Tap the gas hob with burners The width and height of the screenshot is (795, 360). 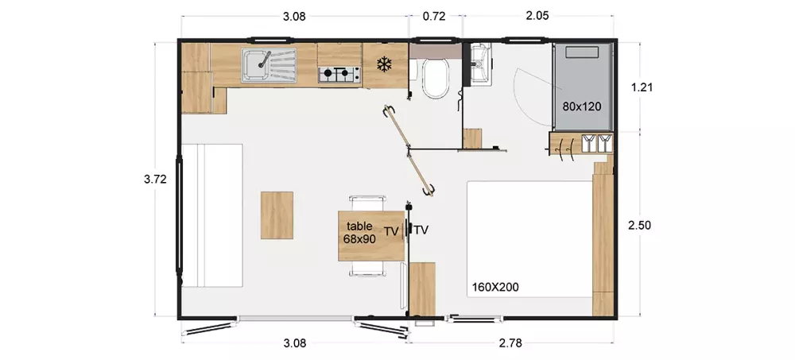(x=339, y=75)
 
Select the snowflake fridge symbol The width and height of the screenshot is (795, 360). (x=385, y=64)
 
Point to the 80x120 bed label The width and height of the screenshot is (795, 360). (x=582, y=106)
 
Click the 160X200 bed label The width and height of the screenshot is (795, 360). (x=495, y=288)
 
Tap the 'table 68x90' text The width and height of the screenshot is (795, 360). (x=360, y=232)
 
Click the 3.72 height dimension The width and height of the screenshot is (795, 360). (x=155, y=179)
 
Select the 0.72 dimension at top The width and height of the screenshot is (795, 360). (x=434, y=16)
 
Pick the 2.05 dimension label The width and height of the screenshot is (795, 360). (x=537, y=16)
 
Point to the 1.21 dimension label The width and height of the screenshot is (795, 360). (x=642, y=87)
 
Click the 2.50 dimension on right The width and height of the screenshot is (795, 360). (x=639, y=226)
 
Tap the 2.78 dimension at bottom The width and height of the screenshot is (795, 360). (x=510, y=343)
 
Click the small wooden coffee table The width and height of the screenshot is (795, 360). (x=277, y=215)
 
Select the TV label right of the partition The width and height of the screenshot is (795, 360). (x=421, y=230)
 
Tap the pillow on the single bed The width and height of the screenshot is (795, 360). (x=582, y=52)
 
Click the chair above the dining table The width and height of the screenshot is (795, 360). (x=367, y=203)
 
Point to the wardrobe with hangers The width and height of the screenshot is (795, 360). (x=580, y=144)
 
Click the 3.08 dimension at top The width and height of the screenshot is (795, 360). (x=294, y=16)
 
